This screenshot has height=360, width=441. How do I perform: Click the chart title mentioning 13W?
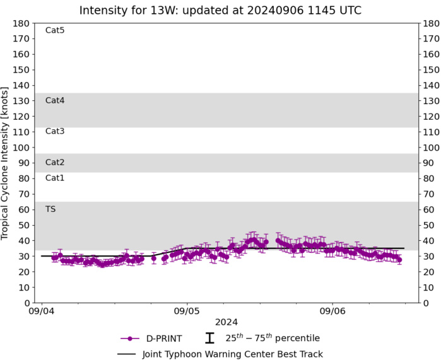220,11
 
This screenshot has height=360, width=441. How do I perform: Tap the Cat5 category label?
55,30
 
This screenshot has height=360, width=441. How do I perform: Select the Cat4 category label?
55,100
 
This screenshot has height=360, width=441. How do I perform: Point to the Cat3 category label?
55,131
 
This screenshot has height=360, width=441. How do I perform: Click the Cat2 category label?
55,162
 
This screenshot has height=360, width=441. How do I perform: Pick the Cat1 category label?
55,178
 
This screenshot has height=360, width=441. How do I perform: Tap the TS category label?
50,209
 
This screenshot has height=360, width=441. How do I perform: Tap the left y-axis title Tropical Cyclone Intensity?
6,163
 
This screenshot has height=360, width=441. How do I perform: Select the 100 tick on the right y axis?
431,148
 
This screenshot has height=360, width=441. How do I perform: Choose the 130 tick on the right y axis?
431,101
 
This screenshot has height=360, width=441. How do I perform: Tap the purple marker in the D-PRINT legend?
130,339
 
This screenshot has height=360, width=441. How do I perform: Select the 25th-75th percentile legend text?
273,338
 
